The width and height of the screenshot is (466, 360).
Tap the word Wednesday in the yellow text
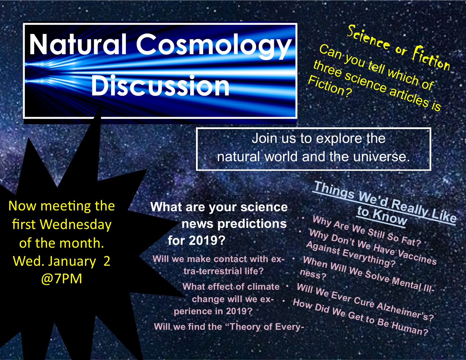click(76, 225)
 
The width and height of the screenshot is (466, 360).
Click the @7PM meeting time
click(62, 279)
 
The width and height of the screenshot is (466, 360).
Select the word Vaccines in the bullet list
click(417, 257)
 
